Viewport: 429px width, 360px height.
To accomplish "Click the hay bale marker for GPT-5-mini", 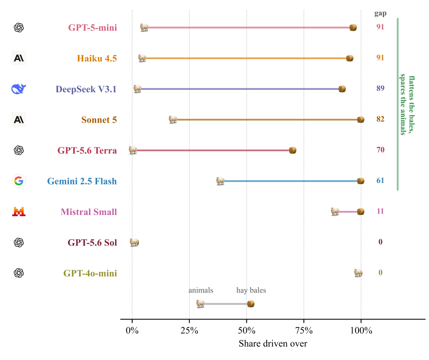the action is tap(353, 28).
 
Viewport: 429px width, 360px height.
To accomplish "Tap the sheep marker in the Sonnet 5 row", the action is tap(173, 119).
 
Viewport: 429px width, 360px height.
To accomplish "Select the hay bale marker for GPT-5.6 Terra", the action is tap(292, 150).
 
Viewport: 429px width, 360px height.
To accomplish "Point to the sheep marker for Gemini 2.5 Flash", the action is tap(220, 181).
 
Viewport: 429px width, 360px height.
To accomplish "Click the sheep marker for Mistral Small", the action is tap(335, 212).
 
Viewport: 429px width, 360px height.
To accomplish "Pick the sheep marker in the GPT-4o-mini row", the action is tap(358, 273).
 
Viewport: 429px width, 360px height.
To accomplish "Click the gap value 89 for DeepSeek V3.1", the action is tap(380, 88).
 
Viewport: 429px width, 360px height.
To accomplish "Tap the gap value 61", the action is tap(380, 180).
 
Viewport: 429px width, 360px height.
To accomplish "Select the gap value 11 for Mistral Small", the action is tap(380, 211).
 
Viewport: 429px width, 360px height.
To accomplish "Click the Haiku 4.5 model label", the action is tap(97, 58).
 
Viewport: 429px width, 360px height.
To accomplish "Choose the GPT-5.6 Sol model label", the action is tap(92, 243).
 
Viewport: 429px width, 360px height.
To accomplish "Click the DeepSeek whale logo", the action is tap(19, 89).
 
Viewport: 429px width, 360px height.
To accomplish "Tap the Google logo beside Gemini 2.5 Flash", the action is tap(19, 181).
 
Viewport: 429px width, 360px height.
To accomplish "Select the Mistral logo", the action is tap(19, 212).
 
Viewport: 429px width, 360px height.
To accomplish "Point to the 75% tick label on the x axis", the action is tap(304, 331).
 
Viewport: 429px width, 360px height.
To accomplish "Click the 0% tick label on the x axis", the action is tap(132, 331).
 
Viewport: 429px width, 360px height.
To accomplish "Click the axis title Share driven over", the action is tap(273, 343).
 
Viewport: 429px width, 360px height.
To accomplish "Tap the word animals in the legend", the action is tap(201, 290).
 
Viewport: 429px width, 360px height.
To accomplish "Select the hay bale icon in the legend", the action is tap(251, 304).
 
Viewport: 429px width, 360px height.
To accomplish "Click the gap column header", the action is tap(380, 14).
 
